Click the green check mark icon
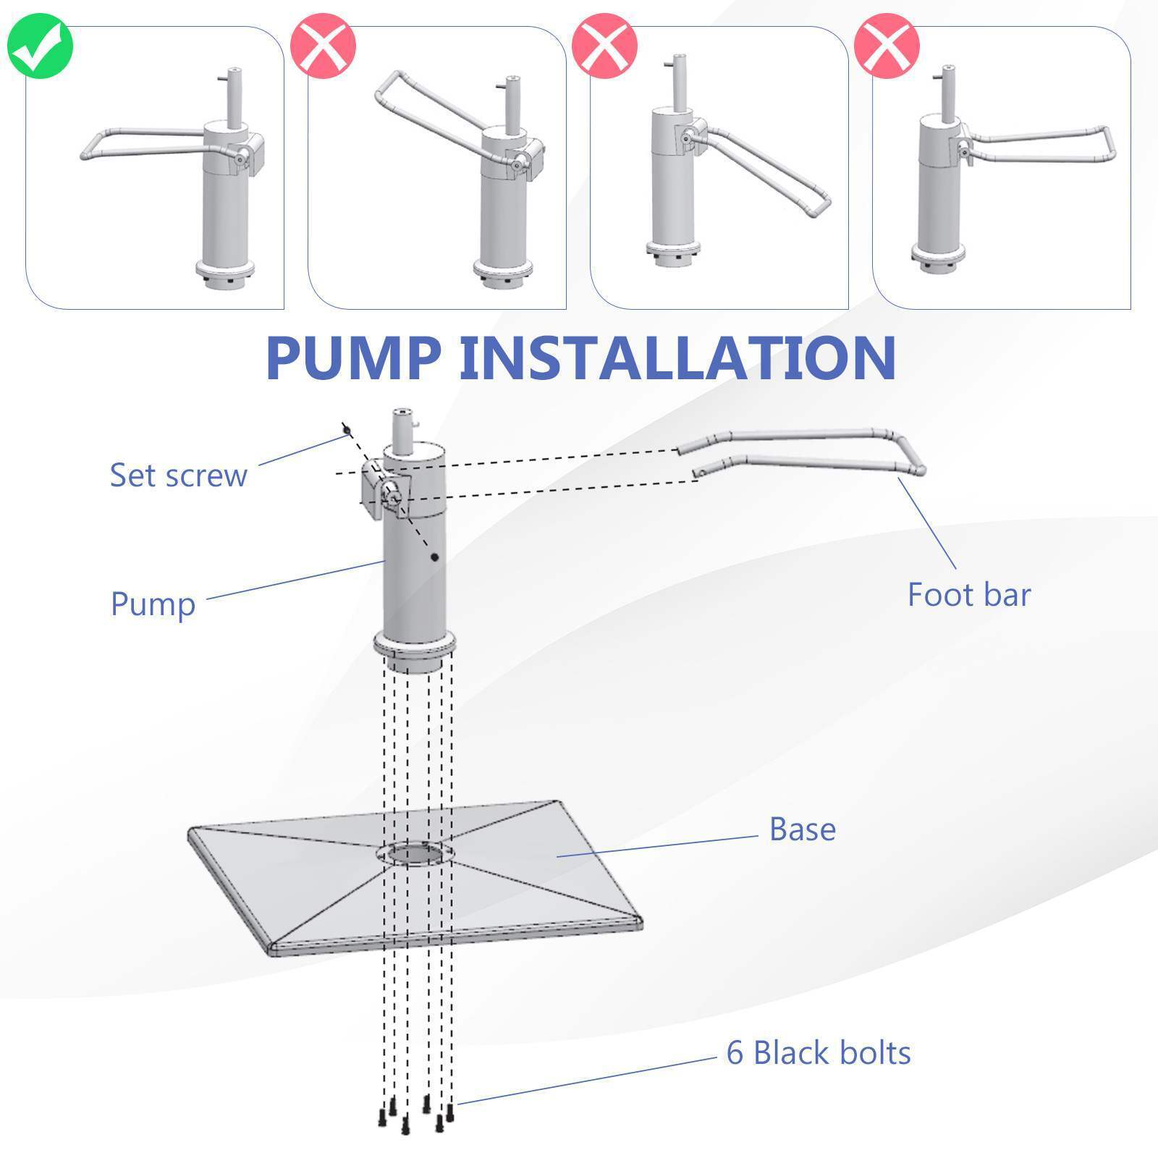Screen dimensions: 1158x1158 (40, 45)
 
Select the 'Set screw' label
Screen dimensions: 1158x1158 (178, 476)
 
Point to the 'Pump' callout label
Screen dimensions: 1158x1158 (153, 604)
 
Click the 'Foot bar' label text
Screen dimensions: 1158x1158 (969, 595)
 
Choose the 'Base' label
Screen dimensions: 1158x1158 (802, 829)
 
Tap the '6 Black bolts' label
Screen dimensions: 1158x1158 (819, 1053)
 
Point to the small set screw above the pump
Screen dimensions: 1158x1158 (347, 431)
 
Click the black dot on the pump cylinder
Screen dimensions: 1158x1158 (434, 557)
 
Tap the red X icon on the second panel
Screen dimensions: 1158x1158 (323, 45)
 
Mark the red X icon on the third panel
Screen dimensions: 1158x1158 (605, 45)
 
